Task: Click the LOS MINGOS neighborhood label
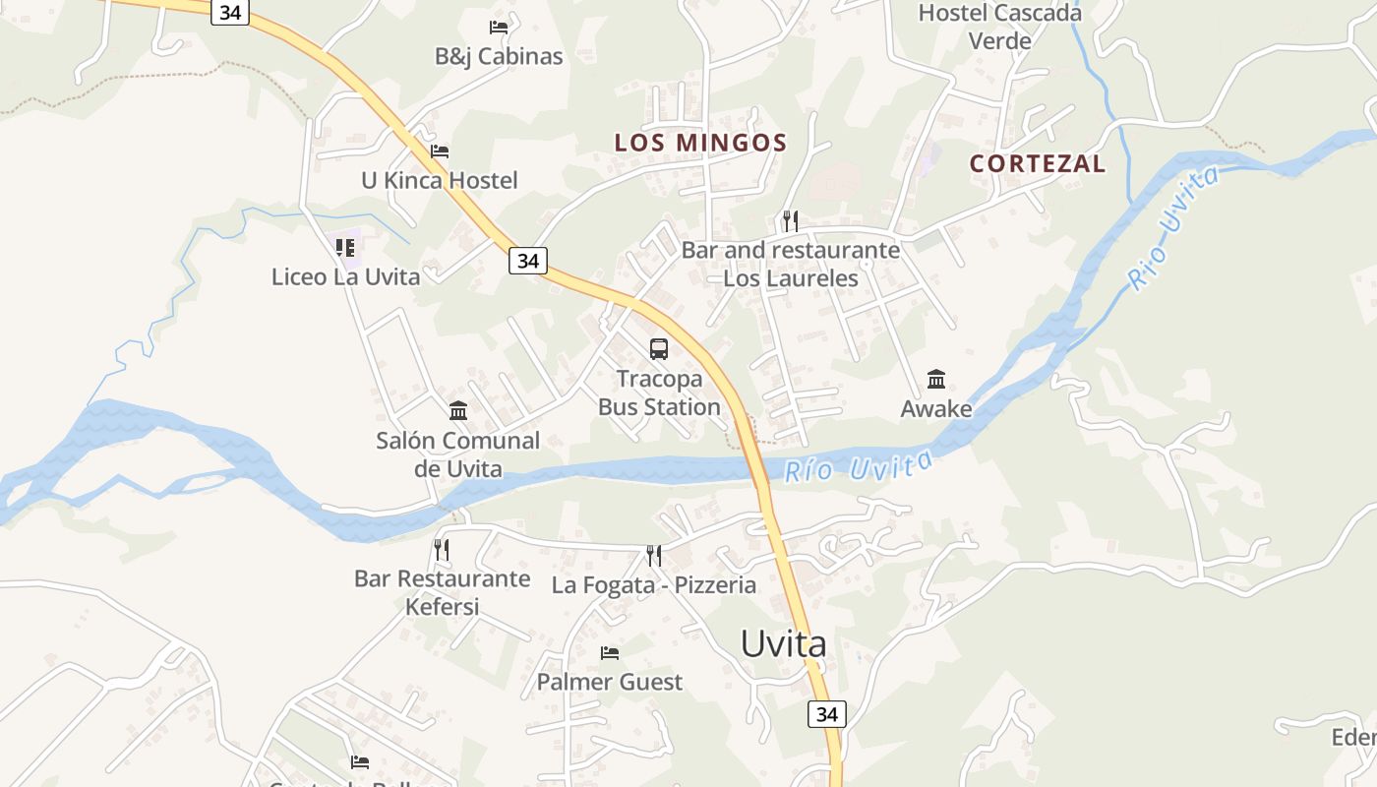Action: tap(700, 143)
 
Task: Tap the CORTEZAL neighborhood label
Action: tap(1038, 163)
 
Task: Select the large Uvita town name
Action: tap(783, 644)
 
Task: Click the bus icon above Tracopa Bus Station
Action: tap(659, 348)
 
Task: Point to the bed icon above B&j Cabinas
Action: tap(499, 27)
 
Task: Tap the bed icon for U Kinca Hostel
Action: tap(440, 151)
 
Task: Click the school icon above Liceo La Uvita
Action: tap(345, 247)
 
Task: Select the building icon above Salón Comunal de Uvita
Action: tap(458, 410)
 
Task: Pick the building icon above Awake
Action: tap(936, 379)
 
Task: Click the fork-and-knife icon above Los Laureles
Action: tap(790, 220)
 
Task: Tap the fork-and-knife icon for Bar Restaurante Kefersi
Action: tap(442, 549)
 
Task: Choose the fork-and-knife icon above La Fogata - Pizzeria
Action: tap(654, 556)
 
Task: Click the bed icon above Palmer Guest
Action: tap(610, 652)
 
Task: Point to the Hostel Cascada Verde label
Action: tap(999, 27)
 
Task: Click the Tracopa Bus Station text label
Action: tap(659, 393)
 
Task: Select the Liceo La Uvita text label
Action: tap(345, 276)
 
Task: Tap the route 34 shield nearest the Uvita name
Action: tap(826, 714)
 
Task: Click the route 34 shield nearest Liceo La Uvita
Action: tap(528, 261)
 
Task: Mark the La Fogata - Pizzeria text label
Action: tap(654, 585)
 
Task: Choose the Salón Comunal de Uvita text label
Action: tap(458, 454)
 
